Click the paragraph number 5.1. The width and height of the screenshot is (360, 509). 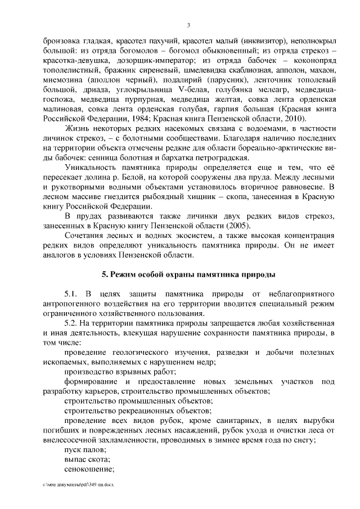coord(73,294)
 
